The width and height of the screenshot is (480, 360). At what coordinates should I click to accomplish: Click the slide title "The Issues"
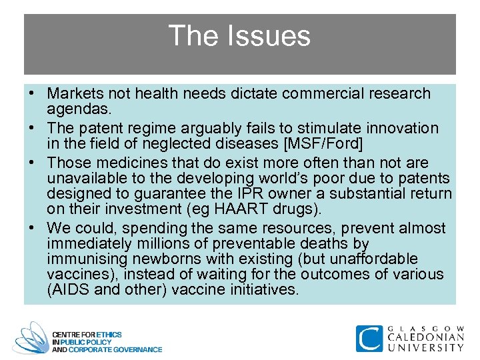(239, 36)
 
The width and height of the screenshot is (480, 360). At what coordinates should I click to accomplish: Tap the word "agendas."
(76, 109)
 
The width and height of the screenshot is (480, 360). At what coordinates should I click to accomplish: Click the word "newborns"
(158, 259)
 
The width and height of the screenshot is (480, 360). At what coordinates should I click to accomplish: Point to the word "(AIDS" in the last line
(66, 289)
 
